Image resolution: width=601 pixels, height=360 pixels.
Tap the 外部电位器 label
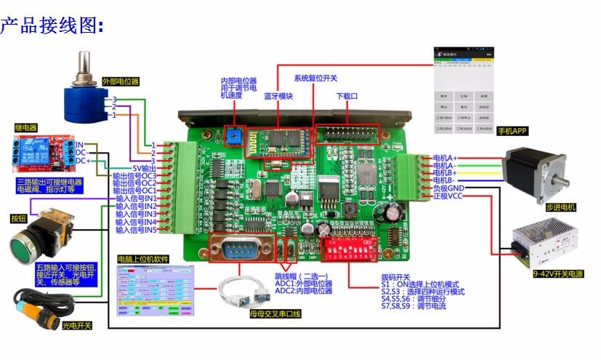120,81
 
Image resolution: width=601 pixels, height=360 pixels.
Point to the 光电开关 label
78,325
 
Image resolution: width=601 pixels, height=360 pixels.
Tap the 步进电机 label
560,207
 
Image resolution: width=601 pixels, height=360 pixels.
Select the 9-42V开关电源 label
560,274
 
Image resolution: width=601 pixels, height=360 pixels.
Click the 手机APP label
512,132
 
